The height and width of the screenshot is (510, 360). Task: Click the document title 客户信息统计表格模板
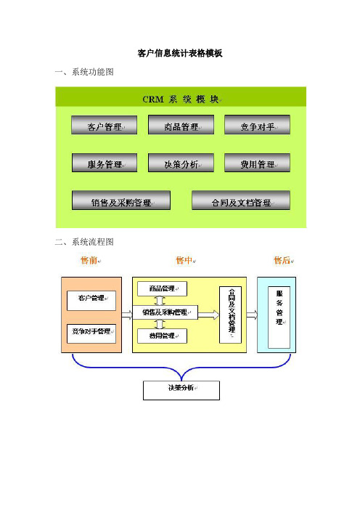tap(180, 53)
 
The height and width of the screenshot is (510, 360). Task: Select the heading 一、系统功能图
tap(84, 72)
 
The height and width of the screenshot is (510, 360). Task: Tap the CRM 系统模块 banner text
tap(181, 99)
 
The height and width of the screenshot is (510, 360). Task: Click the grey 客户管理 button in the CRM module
tap(104, 125)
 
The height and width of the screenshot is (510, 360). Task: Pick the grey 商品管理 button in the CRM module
tap(181, 124)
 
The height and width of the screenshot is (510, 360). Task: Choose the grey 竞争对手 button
tap(257, 124)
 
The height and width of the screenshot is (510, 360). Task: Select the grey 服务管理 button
tap(105, 163)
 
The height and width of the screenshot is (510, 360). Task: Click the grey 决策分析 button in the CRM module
tap(181, 163)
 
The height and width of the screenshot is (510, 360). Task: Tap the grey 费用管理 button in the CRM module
tap(257, 163)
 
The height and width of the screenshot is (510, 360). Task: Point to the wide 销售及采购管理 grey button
tap(121, 201)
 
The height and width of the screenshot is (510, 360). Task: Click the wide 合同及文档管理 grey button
tap(241, 201)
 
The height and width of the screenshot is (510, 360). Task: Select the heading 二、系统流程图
tap(84, 242)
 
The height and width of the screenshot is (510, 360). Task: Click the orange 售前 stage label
tap(89, 260)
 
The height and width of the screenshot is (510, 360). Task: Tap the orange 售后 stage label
tap(282, 260)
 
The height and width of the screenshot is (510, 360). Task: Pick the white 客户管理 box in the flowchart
tap(91, 301)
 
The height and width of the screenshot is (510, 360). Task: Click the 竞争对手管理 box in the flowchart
tap(91, 333)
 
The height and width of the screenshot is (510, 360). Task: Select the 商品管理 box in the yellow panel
tap(162, 289)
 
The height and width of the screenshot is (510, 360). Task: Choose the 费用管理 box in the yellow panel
tap(162, 336)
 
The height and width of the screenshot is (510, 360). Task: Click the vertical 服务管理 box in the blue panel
tap(279, 317)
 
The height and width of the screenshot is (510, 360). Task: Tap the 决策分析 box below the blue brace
tap(181, 391)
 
